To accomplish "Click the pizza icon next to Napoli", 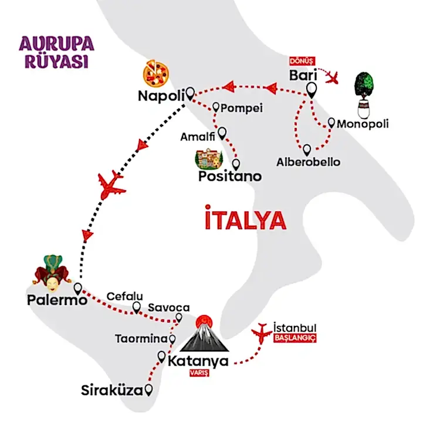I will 156,73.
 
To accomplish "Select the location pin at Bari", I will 311,90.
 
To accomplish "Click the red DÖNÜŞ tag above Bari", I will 303,61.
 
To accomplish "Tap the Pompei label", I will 242,108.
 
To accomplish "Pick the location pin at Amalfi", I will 222,134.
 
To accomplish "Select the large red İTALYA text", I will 246,220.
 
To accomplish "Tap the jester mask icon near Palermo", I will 52,273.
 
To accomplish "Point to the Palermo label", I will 57,300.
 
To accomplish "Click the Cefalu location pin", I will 137,307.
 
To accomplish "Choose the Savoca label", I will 168,307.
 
